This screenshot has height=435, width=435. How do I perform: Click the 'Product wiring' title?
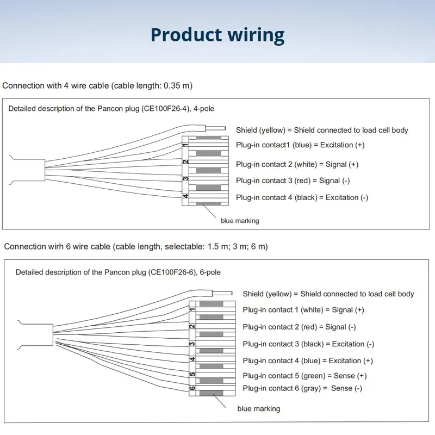(217, 35)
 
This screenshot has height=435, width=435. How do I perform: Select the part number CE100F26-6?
(172, 272)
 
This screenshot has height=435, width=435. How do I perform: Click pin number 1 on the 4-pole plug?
(185, 145)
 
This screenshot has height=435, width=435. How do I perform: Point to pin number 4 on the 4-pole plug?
(185, 196)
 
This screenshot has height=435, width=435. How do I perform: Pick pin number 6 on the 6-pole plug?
(192, 388)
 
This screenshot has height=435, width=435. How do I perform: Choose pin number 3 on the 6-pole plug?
(192, 344)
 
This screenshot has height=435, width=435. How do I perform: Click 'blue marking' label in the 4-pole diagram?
(240, 221)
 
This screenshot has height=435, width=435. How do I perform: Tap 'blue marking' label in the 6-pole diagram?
(259, 409)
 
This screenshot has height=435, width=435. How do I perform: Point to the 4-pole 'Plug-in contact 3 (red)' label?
(274, 181)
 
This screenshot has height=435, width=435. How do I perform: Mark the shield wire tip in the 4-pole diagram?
(225, 128)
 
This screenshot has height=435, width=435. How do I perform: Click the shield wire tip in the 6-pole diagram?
(232, 293)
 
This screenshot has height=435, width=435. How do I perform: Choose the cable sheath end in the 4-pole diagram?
(45, 170)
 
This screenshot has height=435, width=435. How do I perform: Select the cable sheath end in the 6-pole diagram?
(53, 335)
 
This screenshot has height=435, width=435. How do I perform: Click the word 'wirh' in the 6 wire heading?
(56, 246)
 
